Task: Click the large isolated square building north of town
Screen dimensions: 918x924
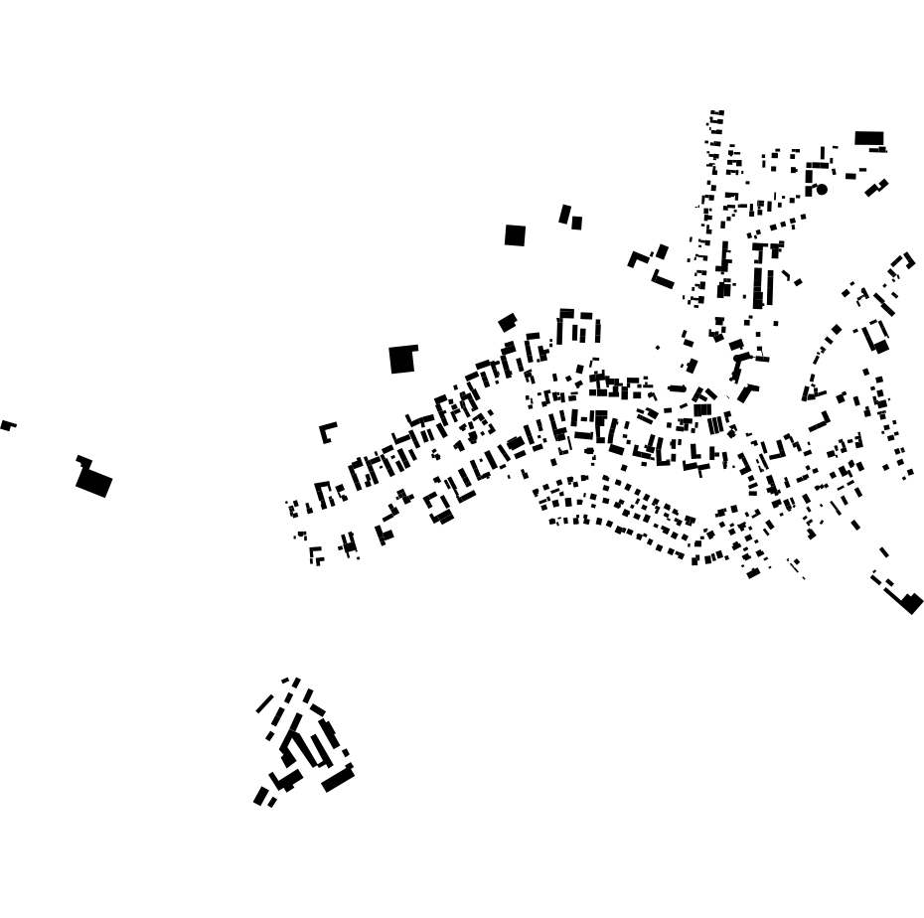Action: point(515,235)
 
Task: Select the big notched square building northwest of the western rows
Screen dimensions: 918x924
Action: point(401,359)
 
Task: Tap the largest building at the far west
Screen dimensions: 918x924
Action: point(94,482)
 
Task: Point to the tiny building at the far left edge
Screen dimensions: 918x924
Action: point(7,425)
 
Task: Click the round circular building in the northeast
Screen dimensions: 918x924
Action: point(822,189)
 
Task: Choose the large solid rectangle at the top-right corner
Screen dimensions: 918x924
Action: point(868,138)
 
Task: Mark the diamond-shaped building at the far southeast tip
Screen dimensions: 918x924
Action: point(911,602)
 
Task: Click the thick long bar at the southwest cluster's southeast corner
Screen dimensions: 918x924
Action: point(338,780)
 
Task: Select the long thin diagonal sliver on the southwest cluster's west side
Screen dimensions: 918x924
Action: point(264,704)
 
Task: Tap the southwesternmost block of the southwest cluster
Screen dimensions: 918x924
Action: point(260,796)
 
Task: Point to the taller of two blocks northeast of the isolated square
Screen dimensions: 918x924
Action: point(564,215)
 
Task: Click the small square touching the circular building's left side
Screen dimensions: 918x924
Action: point(809,190)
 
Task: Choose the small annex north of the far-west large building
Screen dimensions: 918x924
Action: point(83,461)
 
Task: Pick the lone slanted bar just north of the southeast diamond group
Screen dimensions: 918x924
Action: point(883,552)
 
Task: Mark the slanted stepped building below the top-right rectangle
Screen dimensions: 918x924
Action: point(876,187)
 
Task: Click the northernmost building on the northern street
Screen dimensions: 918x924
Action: point(717,112)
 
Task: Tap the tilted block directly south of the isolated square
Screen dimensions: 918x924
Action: point(508,322)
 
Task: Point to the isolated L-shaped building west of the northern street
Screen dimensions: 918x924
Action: point(636,259)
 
